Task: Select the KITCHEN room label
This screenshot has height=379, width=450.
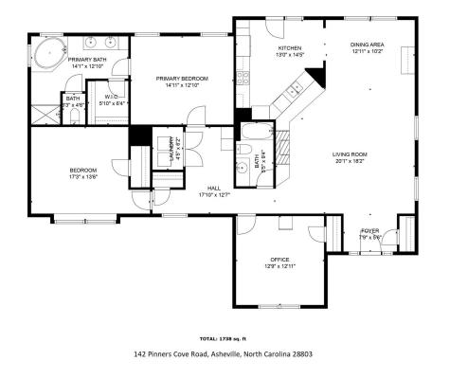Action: click(289, 46)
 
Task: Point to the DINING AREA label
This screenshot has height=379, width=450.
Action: click(367, 45)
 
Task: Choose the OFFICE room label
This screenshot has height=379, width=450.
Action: click(279, 259)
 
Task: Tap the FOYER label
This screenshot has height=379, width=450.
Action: click(369, 230)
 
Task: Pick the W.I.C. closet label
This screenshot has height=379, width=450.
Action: click(112, 96)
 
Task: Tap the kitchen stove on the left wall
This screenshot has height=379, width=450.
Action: click(243, 76)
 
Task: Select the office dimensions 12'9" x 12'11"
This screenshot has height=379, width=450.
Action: click(279, 266)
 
